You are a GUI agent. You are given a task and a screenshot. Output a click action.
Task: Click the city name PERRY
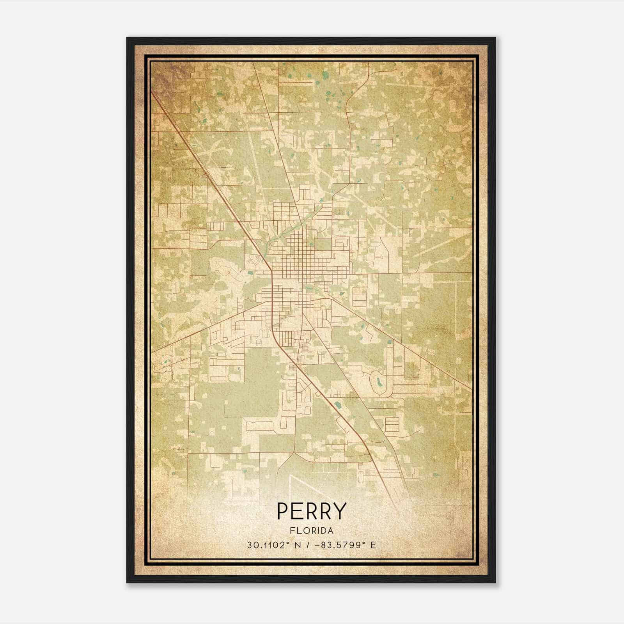pos(312,511)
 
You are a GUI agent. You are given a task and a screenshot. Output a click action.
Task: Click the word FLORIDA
pos(312,531)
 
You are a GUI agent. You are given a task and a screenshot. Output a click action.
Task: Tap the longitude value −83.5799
pos(340,545)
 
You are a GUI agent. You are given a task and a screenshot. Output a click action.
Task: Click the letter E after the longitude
pos(373,545)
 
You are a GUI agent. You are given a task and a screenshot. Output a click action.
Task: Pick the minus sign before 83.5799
pos(321,545)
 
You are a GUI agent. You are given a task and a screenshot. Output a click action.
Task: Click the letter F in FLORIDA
pos(292,531)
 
